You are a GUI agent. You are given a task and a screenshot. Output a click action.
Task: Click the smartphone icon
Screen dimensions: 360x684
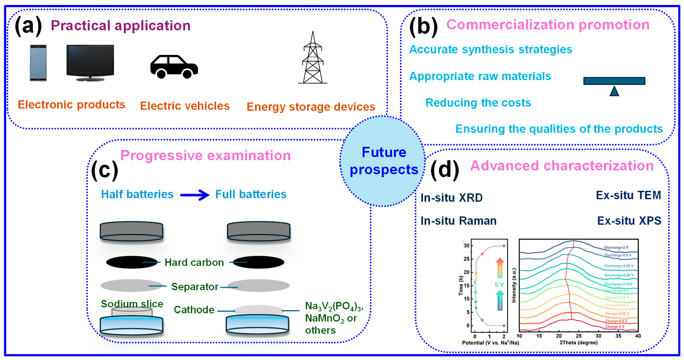38,63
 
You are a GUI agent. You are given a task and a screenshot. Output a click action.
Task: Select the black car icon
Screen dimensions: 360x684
174,67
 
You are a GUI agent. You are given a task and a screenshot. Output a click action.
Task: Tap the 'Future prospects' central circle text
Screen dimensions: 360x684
384,161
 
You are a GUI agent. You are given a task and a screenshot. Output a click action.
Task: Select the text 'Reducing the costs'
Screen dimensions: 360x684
478,103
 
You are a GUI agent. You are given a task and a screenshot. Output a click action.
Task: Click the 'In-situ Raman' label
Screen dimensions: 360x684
458,221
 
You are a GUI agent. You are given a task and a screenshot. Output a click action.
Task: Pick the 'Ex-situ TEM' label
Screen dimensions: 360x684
628,195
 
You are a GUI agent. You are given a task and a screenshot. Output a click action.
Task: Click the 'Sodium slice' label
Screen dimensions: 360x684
132,304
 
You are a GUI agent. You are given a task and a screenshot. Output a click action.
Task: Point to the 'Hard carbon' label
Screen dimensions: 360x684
194,262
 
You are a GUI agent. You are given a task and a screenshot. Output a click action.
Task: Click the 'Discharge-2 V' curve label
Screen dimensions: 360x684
616,247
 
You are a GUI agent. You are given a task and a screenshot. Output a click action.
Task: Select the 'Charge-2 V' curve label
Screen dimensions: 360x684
615,326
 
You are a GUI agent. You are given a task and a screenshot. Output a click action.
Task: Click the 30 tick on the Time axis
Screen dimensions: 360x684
466,246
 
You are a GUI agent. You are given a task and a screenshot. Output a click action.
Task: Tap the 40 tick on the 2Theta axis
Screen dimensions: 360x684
638,336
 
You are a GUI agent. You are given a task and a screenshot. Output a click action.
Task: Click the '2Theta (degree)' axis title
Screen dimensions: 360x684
578,343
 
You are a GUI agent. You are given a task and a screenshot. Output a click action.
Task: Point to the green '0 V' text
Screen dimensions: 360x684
499,285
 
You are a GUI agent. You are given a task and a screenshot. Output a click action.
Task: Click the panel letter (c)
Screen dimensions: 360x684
105,170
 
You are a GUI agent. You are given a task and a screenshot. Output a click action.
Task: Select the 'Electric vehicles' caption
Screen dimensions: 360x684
185,106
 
